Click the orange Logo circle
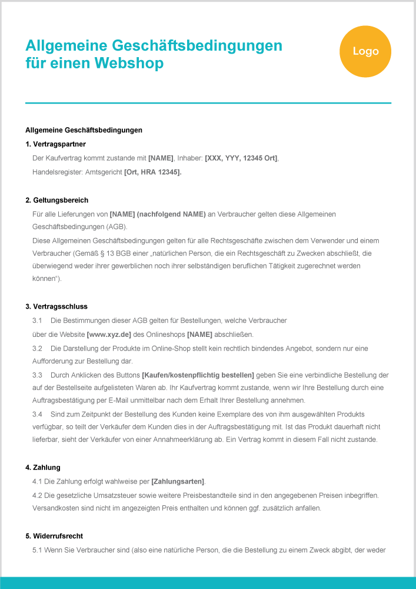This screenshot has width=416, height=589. tap(365, 51)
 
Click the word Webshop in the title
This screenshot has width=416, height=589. tap(128, 63)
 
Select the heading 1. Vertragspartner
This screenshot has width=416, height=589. tap(56, 144)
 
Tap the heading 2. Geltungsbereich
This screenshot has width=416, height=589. tap(57, 200)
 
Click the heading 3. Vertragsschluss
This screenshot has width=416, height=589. tap(56, 306)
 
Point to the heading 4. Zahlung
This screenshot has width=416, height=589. tap(43, 468)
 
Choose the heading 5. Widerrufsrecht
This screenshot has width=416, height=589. tap(54, 536)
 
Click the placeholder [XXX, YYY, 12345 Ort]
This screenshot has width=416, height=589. tap(241, 158)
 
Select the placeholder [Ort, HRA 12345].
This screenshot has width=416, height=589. tap(153, 172)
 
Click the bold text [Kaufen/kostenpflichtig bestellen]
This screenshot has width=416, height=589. tap(198, 375)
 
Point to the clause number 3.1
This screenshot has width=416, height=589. tap(38, 320)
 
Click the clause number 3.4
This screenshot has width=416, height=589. tap(38, 414)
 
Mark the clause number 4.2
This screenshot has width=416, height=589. tap(38, 495)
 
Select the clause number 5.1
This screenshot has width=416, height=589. tap(38, 550)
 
